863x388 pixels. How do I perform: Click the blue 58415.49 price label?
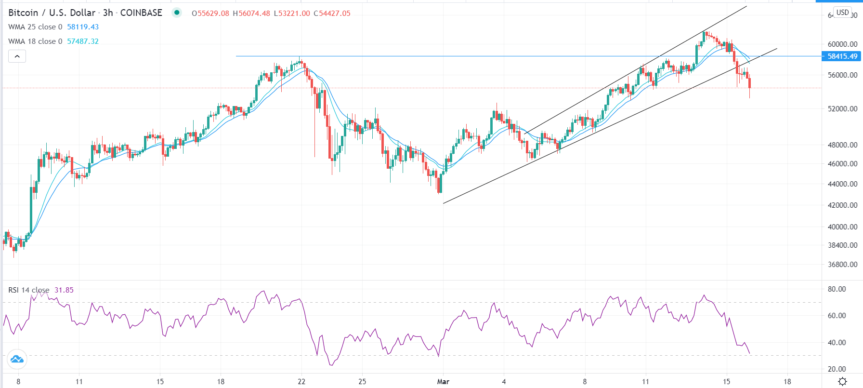(842, 56)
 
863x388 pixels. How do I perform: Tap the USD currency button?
(842, 13)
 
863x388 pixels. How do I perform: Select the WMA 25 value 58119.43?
(83, 27)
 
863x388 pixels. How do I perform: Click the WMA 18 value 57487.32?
(83, 41)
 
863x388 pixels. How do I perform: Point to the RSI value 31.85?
(64, 290)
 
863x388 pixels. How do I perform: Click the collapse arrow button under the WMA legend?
(17, 56)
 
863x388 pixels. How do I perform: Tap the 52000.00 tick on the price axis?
(842, 109)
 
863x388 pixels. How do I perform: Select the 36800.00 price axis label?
(842, 265)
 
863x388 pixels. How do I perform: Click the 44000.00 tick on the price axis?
(842, 184)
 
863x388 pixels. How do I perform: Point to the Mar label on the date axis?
(443, 382)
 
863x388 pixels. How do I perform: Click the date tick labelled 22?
(301, 382)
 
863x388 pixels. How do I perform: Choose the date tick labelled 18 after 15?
(787, 382)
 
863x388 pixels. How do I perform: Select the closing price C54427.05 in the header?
(332, 13)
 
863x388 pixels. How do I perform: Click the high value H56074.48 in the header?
(251, 13)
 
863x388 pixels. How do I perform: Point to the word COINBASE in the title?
(141, 13)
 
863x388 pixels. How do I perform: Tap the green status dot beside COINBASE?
(177, 13)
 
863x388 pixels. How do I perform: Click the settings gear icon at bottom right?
(842, 381)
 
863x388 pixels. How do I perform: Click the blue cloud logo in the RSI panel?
(17, 359)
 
